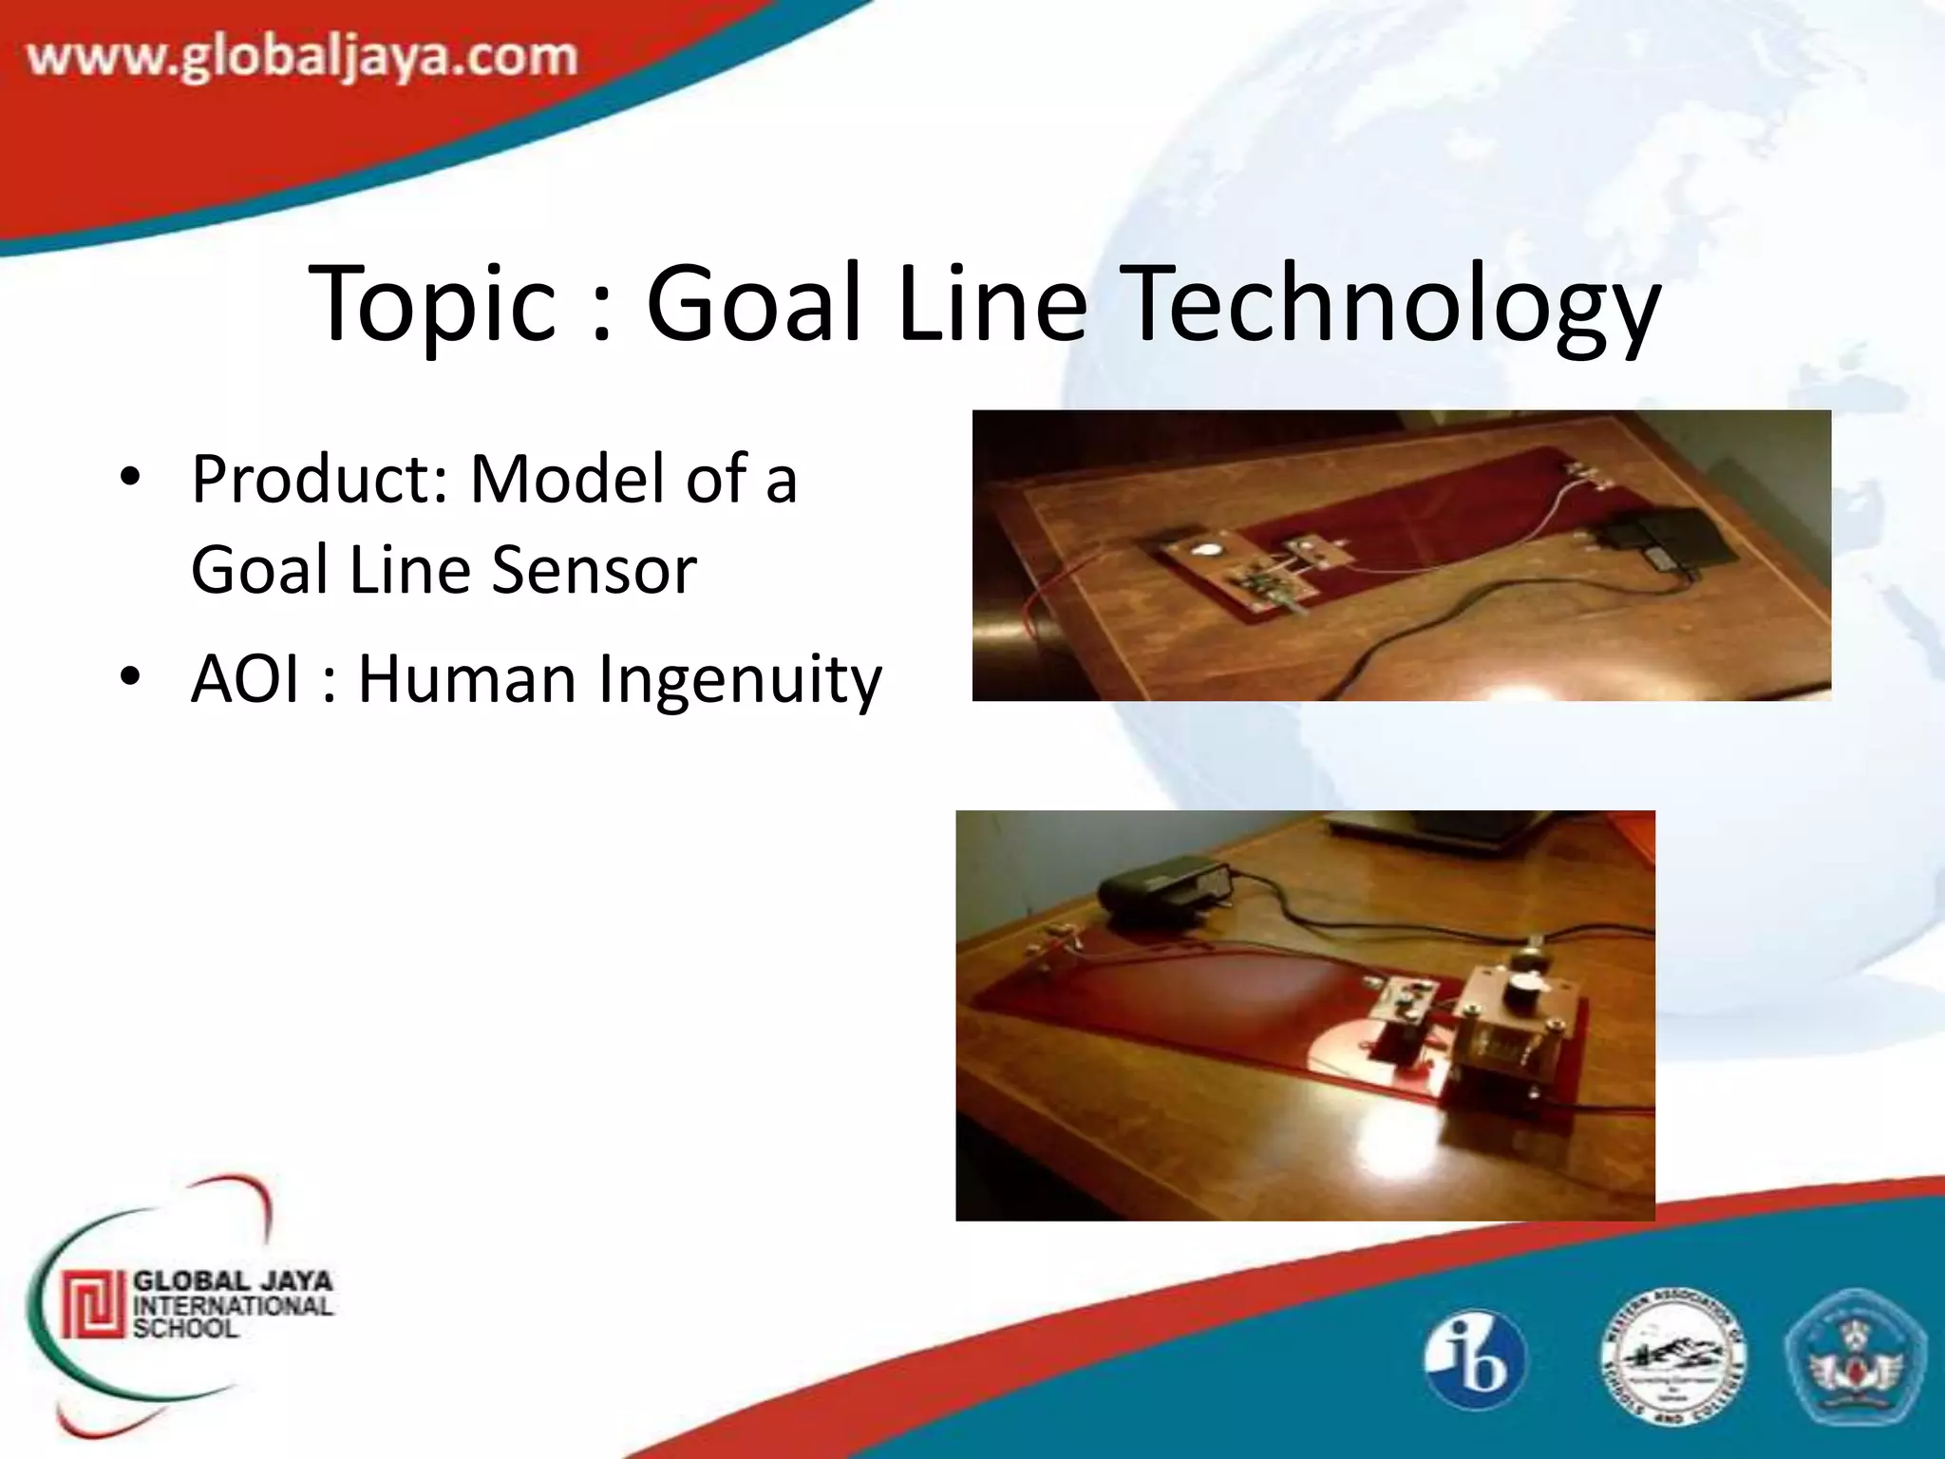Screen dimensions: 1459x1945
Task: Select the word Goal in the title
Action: pyautogui.click(x=755, y=304)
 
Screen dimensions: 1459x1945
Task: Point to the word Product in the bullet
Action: pyautogui.click(x=319, y=480)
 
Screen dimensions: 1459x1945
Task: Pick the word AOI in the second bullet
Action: pyautogui.click(x=251, y=679)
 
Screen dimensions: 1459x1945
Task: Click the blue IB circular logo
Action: pyautogui.click(x=1474, y=1359)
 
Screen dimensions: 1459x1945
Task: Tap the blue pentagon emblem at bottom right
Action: pyautogui.click(x=1855, y=1358)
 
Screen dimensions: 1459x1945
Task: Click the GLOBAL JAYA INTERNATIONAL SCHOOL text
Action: pyautogui.click(x=232, y=1304)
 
